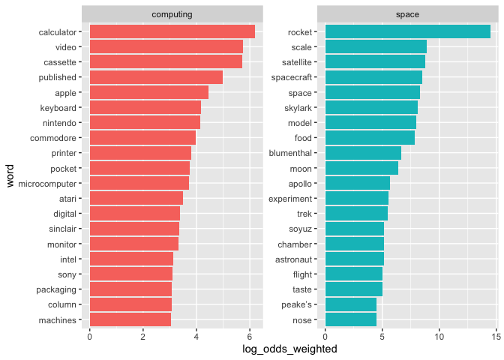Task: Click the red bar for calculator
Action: tap(172, 31)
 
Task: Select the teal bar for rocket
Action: tap(407, 31)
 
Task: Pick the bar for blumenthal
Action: tap(363, 153)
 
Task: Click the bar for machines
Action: tap(130, 320)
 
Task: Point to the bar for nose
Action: tap(350, 320)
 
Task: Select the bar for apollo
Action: tap(357, 183)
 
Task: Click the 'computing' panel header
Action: tap(172, 14)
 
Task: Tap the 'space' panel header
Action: tap(407, 14)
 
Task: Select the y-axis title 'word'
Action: tap(10, 176)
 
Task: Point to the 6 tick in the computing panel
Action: tap(249, 337)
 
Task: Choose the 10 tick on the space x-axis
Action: tap(439, 337)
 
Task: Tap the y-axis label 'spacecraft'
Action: tap(294, 77)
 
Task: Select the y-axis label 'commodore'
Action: tap(53, 138)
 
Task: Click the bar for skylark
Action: tap(371, 107)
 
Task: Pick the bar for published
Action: tap(156, 77)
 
